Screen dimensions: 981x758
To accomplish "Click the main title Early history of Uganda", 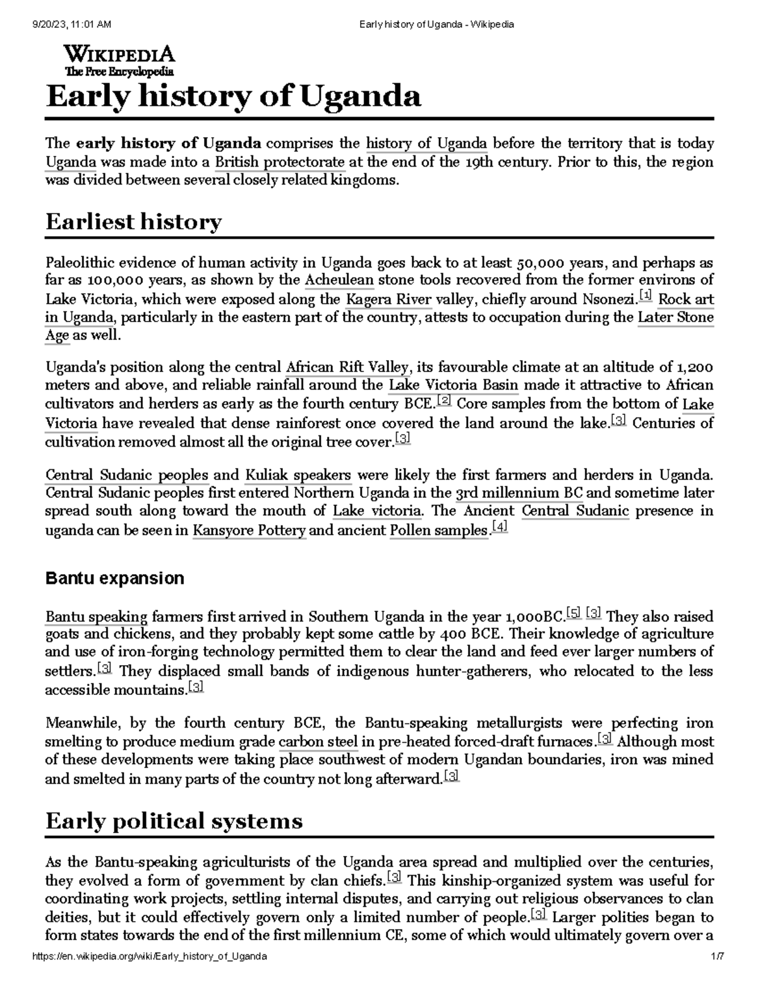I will (x=233, y=97).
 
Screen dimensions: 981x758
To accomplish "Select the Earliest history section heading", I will (x=133, y=222).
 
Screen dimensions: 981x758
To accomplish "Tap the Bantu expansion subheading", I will (x=114, y=578).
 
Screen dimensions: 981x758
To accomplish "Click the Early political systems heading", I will (x=174, y=821).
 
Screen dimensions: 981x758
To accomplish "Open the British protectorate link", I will (x=280, y=162).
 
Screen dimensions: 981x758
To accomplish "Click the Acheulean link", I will (x=339, y=280).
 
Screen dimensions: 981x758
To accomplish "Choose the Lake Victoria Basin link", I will (x=454, y=385).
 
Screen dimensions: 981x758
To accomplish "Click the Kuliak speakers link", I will (x=298, y=474).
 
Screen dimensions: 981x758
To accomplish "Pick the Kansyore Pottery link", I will (x=249, y=531).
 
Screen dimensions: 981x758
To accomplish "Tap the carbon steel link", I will (x=318, y=742).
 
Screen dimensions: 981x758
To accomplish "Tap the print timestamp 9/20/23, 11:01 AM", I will (x=71, y=25).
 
